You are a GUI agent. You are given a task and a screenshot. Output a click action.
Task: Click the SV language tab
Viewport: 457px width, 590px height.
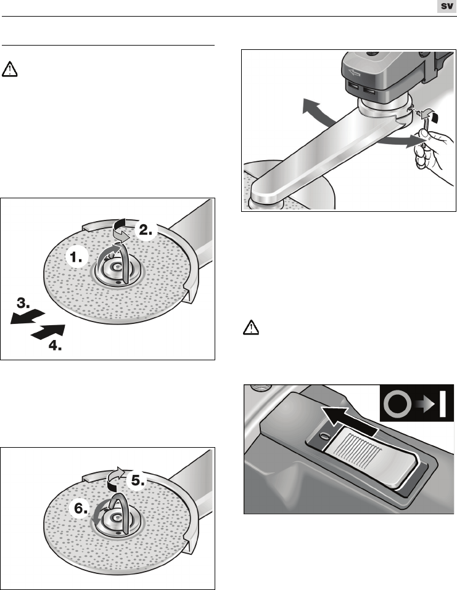(x=447, y=6)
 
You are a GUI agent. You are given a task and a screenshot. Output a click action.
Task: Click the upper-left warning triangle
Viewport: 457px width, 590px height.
(x=9, y=70)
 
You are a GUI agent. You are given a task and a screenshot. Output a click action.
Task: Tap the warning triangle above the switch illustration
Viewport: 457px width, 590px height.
(x=250, y=328)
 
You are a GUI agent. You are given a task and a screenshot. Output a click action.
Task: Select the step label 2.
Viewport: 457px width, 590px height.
(x=146, y=230)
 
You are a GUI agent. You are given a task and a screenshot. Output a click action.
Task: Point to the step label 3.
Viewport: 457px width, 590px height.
(x=23, y=302)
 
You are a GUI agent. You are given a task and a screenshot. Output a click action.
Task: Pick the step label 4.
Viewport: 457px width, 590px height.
(x=55, y=346)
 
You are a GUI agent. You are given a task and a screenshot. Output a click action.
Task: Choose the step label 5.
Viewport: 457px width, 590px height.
(x=138, y=480)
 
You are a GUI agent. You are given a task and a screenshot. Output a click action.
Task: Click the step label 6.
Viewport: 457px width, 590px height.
(x=81, y=508)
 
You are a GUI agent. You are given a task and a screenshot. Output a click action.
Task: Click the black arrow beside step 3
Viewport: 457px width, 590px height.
(x=28, y=317)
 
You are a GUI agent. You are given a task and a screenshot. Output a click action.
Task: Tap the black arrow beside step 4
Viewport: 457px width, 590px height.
(x=48, y=332)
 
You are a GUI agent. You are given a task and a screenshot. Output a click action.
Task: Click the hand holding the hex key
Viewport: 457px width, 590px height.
(x=434, y=154)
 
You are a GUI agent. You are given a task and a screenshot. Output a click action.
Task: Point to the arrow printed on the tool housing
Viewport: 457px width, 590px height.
(x=354, y=73)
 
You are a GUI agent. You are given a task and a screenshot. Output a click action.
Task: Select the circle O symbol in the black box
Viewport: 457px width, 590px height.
(x=397, y=405)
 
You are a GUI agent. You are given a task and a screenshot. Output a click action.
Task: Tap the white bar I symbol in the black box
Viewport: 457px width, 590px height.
(x=442, y=404)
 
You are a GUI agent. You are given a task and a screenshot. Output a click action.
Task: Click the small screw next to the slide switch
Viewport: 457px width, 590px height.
(x=324, y=435)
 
